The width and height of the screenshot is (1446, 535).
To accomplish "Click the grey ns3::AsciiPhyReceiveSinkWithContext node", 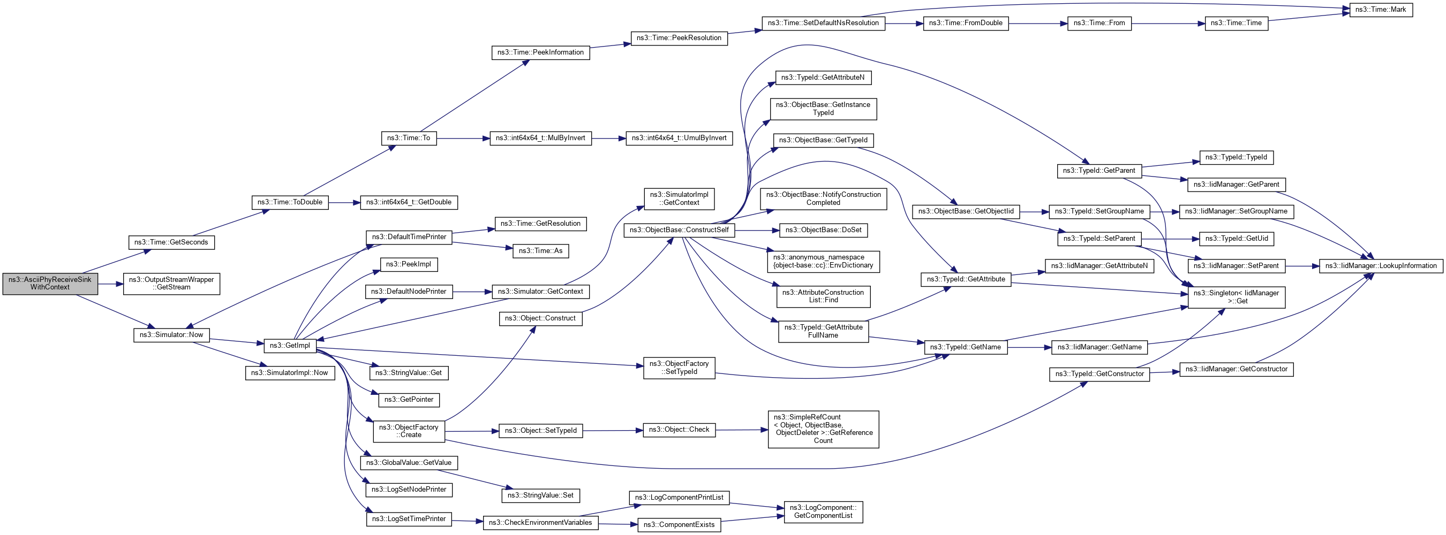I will click(50, 284).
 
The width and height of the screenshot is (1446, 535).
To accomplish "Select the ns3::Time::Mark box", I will click(1380, 10).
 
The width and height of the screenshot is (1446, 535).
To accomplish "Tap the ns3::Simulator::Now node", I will click(171, 335).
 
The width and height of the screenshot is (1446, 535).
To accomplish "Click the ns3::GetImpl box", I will click(290, 346).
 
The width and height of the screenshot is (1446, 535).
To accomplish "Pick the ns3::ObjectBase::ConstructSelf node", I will click(679, 230).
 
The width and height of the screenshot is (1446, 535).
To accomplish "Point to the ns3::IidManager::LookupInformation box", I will click(1380, 266).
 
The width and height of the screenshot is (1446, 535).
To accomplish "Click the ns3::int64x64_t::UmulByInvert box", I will click(679, 138).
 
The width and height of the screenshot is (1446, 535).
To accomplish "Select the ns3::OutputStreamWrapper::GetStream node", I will click(171, 284).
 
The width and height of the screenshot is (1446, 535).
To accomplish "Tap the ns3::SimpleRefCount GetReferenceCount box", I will click(823, 429).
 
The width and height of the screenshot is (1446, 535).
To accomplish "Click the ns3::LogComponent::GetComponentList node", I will click(823, 511).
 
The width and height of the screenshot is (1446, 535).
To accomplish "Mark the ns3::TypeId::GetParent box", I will click(1098, 171).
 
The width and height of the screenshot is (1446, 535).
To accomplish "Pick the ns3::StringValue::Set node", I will click(540, 496).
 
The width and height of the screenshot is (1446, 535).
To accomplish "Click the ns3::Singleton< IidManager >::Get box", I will click(1236, 297).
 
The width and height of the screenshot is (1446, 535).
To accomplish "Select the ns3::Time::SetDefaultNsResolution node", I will click(823, 23).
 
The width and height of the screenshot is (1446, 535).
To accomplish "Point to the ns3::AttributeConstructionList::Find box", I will click(823, 296).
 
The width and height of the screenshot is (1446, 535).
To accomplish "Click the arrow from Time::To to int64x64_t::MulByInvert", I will click(463, 138).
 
